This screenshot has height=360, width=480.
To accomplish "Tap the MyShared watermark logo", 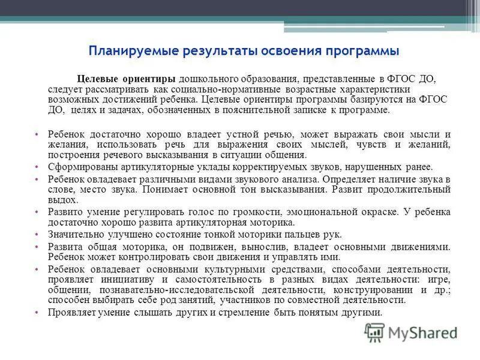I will click(410, 332).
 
